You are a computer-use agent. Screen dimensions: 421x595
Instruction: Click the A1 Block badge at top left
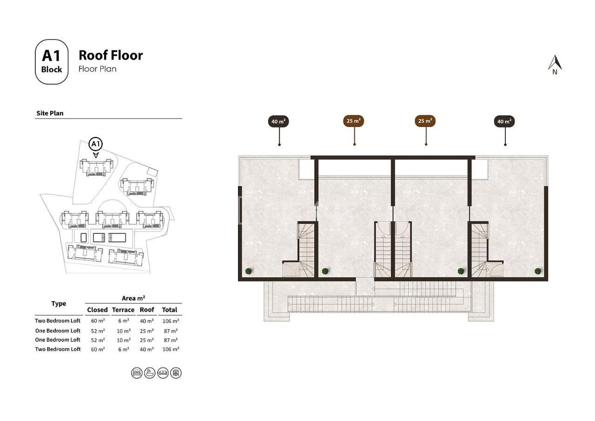pyautogui.click(x=52, y=62)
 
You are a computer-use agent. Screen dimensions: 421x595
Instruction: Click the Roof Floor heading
pyautogui.click(x=111, y=55)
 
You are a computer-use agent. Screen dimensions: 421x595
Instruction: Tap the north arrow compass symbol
pyautogui.click(x=555, y=64)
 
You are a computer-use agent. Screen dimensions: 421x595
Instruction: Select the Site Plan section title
pyautogui.click(x=50, y=113)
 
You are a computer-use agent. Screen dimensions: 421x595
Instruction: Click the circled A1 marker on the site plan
pyautogui.click(x=96, y=144)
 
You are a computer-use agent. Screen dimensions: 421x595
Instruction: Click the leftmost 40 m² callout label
pyautogui.click(x=278, y=121)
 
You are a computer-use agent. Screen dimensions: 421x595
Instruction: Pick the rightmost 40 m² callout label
pyautogui.click(x=504, y=121)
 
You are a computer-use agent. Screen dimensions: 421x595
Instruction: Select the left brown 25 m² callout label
pyautogui.click(x=354, y=121)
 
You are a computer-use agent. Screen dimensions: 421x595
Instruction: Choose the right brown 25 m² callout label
pyautogui.click(x=425, y=121)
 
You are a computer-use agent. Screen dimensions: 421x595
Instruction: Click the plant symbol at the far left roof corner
pyautogui.click(x=249, y=271)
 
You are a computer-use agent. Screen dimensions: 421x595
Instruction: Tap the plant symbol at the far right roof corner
pyautogui.click(x=538, y=271)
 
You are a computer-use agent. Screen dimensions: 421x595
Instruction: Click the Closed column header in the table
pyautogui.click(x=97, y=310)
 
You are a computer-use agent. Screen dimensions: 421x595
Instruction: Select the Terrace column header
pyautogui.click(x=123, y=310)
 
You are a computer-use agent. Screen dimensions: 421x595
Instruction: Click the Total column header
pyautogui.click(x=170, y=310)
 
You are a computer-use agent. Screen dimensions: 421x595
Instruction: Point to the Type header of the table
pyautogui.click(x=59, y=304)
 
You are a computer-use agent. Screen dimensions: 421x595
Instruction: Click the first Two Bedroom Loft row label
pyautogui.click(x=58, y=321)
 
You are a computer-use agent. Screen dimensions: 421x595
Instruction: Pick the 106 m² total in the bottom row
pyautogui.click(x=171, y=349)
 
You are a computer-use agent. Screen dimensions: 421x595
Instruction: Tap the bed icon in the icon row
pyautogui.click(x=137, y=373)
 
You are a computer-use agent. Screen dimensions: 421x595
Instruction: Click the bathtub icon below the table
pyautogui.click(x=150, y=373)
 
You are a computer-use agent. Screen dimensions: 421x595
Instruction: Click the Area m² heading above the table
pyautogui.click(x=134, y=298)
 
